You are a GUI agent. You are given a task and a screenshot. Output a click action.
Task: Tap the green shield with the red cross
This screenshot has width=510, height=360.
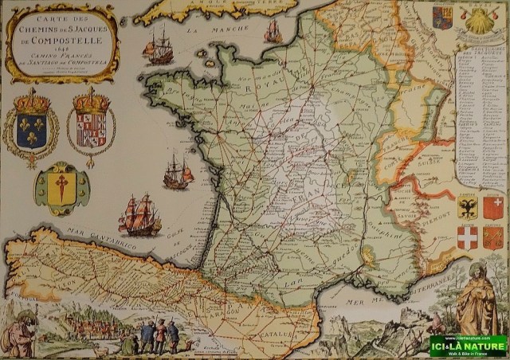click(61, 188)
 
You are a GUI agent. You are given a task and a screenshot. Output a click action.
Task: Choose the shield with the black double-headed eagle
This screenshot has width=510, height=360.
click(468, 209)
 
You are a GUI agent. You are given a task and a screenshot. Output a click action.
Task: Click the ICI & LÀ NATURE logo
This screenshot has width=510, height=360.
click(468, 345)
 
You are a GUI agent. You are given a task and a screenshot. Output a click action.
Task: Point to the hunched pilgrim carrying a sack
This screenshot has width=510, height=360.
click(19, 334)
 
